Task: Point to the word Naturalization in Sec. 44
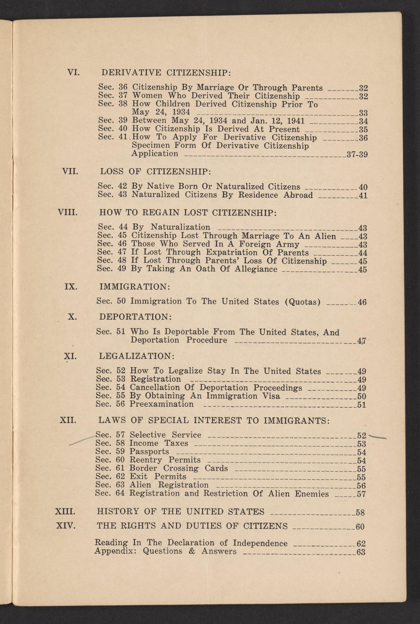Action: click(181, 227)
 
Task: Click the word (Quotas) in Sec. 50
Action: click(303, 302)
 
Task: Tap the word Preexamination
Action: click(162, 404)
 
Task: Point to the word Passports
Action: click(149, 452)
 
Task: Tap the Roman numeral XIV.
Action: click(66, 526)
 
